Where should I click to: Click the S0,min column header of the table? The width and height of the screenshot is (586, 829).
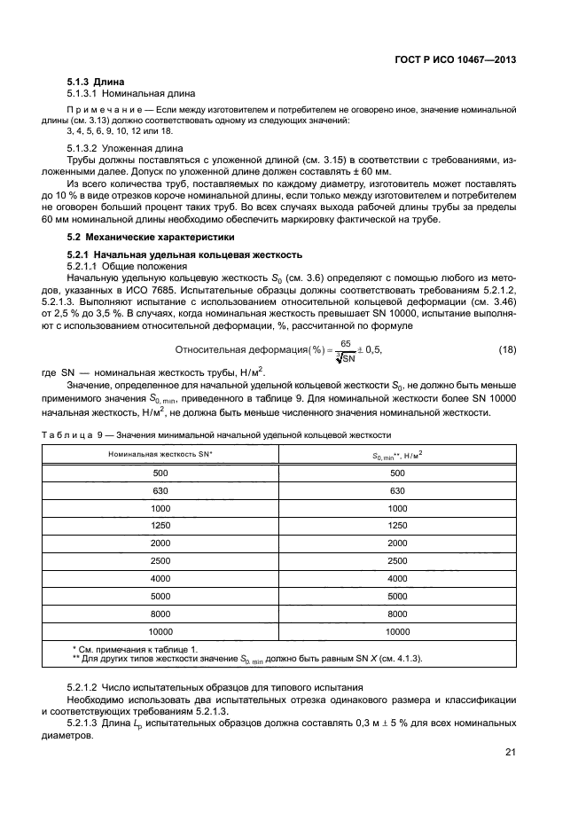pos(396,454)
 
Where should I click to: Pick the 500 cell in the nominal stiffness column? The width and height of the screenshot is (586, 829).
pos(160,474)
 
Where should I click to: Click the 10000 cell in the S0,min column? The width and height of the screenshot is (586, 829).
pos(396,631)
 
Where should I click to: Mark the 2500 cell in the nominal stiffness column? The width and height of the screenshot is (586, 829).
pos(160,561)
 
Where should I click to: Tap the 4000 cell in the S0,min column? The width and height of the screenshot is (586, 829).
pos(396,579)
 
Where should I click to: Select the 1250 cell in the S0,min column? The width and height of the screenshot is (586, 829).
pos(396,527)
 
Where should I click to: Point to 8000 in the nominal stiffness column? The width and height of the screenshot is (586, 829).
pos(160,614)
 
